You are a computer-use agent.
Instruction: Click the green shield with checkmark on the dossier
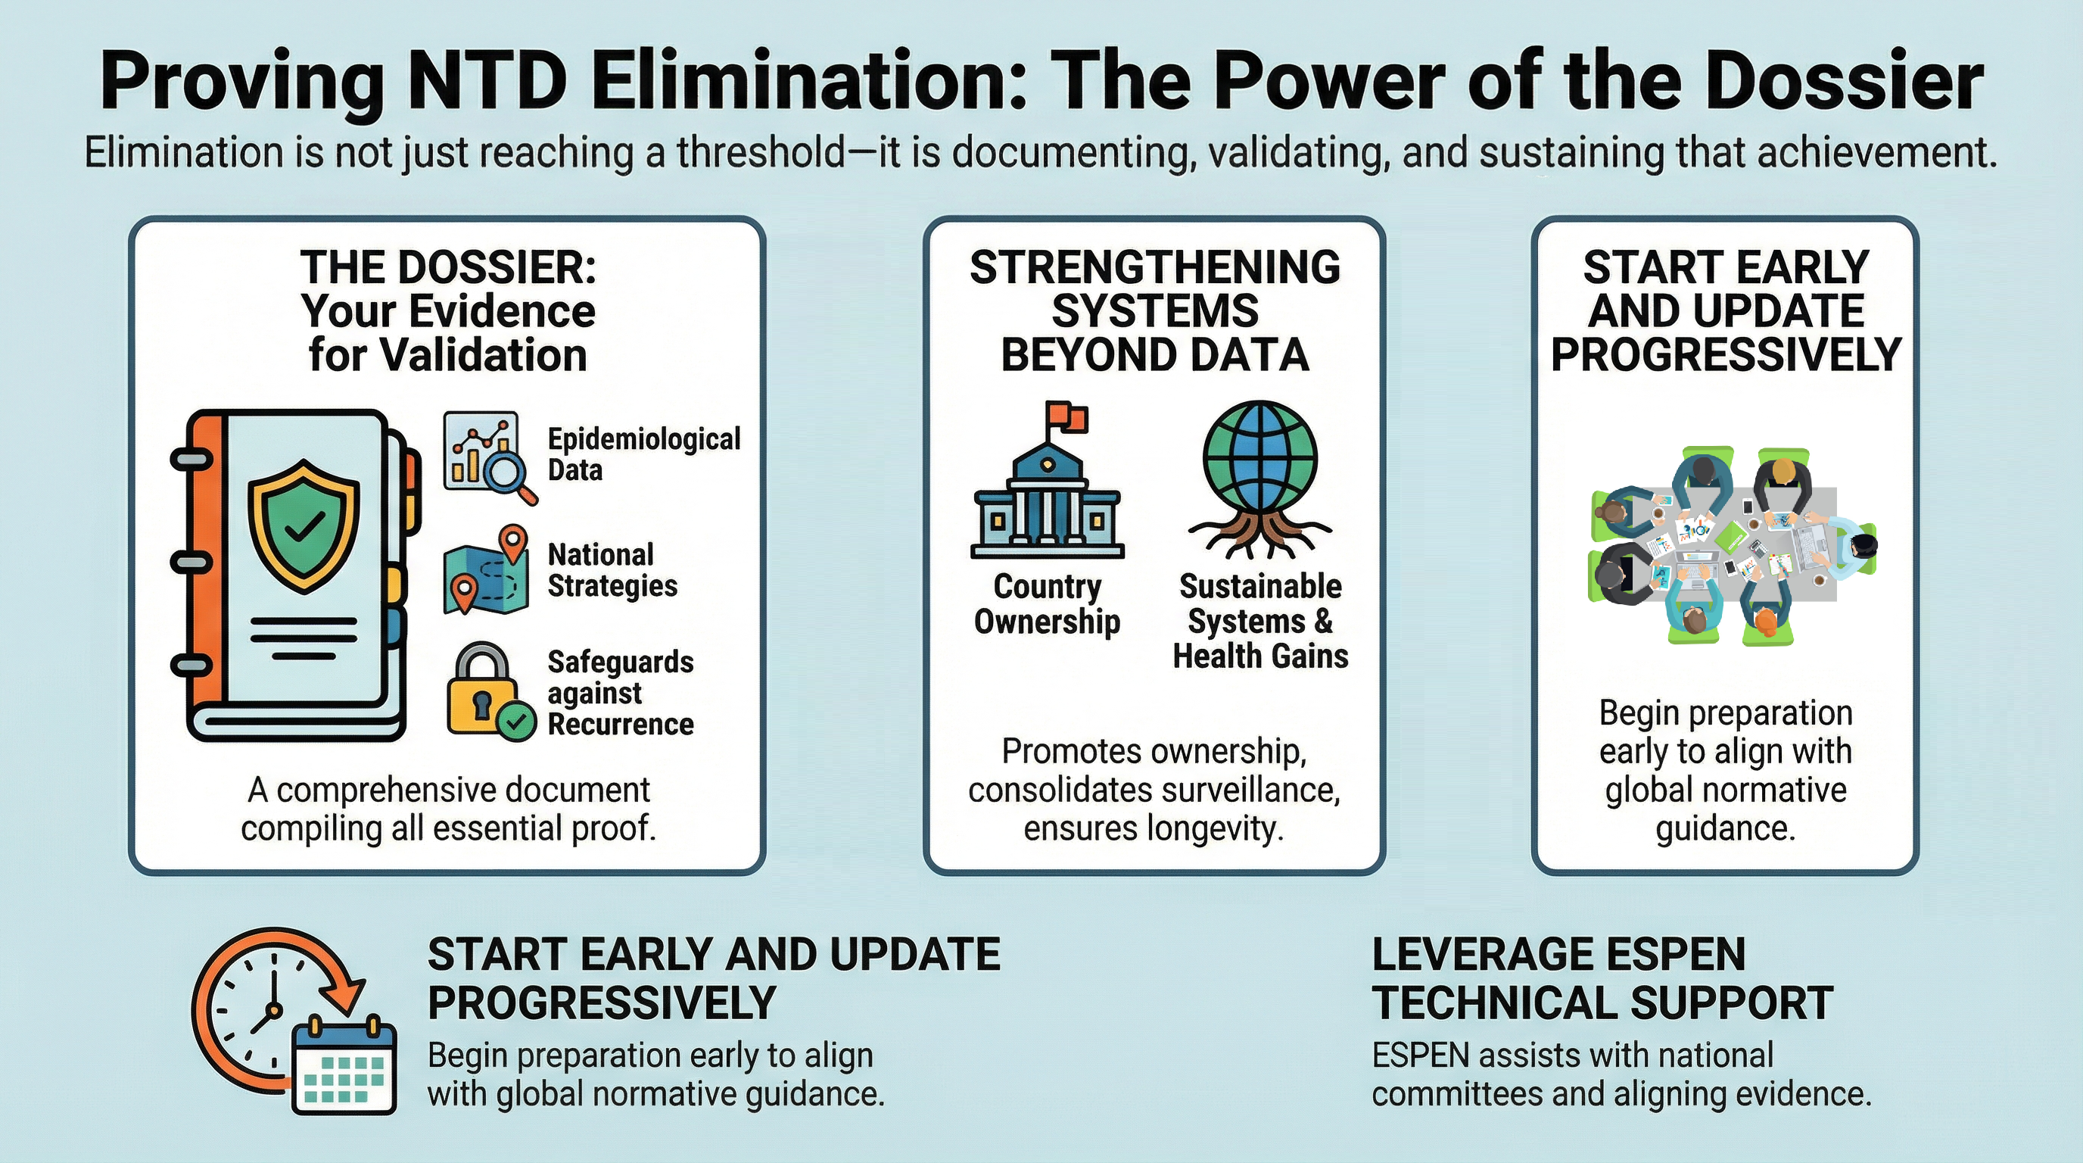pos(304,525)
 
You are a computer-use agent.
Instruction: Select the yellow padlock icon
pos(483,688)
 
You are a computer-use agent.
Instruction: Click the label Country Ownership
pos(1047,604)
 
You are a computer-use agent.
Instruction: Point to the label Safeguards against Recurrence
pos(620,693)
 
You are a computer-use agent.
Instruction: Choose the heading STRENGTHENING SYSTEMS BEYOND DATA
pos(1155,311)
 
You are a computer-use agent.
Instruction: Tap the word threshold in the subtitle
pos(761,153)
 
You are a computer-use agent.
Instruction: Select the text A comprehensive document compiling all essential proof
pos(449,809)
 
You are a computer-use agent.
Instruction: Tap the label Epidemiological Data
pos(643,454)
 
